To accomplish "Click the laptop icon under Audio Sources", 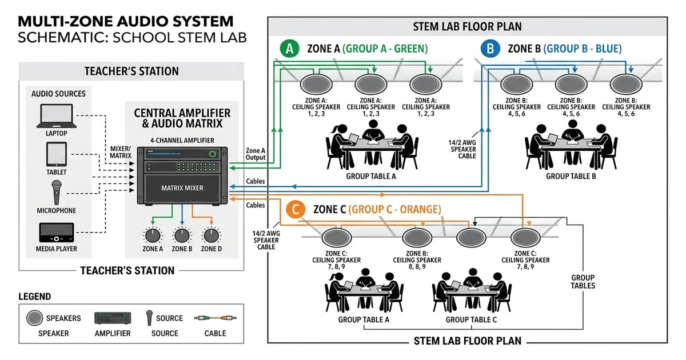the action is point(57,115).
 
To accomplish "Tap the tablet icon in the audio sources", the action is point(57,154).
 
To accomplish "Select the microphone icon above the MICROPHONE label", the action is point(57,192).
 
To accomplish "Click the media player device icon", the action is point(57,233).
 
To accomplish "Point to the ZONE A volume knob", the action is point(153,235).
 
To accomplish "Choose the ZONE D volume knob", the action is point(212,235).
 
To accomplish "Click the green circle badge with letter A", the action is point(289,49).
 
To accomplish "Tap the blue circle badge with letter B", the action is point(490,49).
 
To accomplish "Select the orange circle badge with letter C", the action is point(296,209).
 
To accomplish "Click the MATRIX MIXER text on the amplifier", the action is point(182,188).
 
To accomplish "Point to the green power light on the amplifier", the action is point(212,154).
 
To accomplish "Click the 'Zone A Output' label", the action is point(256,154).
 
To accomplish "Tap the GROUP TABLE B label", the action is point(571,177).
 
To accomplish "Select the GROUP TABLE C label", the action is point(471,319).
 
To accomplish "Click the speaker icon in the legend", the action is point(34,318).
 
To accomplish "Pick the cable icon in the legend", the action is point(216,318).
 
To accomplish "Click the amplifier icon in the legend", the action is point(113,318).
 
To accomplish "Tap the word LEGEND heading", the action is point(35,297).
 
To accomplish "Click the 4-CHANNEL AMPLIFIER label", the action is point(182,140).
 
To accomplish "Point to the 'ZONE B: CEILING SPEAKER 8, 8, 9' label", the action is point(417,260).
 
